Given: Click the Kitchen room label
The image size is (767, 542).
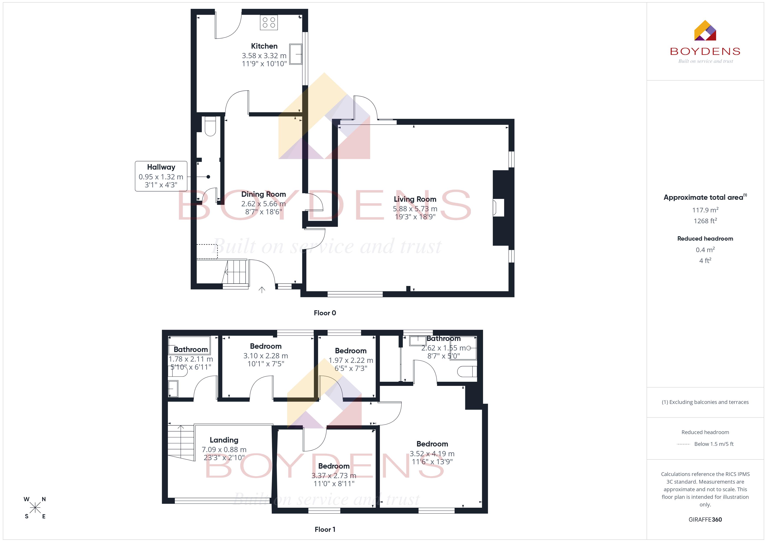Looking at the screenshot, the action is point(264,46).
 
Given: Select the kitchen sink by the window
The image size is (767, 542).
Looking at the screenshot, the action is point(296,54).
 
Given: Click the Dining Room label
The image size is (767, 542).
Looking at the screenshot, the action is point(263,194).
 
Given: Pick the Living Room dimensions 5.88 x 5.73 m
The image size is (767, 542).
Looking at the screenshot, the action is point(415,209).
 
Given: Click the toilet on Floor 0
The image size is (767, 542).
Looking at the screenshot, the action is point(210,126).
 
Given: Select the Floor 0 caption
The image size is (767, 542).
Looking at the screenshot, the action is point(325,313).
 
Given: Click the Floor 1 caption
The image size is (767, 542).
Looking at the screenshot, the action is point(325,529).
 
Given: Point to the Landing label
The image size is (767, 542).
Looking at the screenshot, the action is point(224,440).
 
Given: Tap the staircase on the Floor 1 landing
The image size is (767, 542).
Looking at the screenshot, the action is point(181,443).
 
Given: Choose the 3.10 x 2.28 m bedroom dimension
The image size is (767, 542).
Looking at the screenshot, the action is point(266,356).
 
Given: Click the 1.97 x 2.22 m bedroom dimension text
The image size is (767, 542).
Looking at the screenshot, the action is point(351,360).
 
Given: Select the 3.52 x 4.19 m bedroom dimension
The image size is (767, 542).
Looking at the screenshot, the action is point(432,454).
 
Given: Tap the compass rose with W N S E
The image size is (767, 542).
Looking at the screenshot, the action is point(35,508).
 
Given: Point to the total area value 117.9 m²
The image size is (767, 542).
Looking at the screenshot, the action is point(705,210).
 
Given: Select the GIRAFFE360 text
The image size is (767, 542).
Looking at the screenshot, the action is point(705,520).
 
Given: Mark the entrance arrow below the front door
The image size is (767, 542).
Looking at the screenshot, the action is point(262,290).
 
